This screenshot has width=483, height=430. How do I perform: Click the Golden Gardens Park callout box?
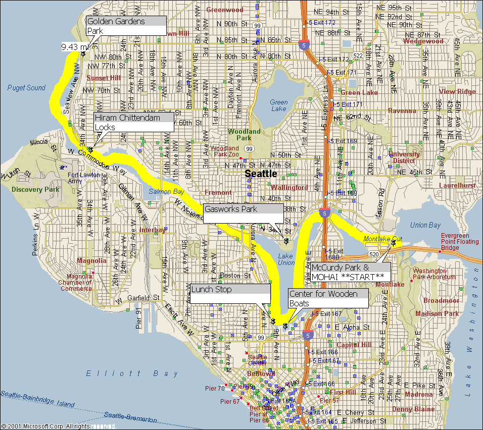coord(126,26)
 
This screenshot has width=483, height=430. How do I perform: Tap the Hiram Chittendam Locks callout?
coord(134,122)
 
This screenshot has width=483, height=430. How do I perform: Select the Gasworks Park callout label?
coord(243,213)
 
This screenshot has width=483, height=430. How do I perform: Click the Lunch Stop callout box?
coord(230,294)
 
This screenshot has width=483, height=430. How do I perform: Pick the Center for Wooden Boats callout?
coord(328,298)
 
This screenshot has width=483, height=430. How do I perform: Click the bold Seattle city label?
coord(261,174)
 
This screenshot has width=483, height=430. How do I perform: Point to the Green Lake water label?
coord(278,105)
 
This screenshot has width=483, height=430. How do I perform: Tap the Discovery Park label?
coord(35,190)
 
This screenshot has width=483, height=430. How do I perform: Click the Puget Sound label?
coord(26,88)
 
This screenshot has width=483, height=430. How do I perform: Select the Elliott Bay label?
coord(132,373)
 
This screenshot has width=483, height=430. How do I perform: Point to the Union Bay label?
coord(425,225)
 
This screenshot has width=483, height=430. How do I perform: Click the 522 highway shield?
coord(358,55)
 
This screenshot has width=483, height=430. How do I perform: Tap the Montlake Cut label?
coord(382,238)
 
